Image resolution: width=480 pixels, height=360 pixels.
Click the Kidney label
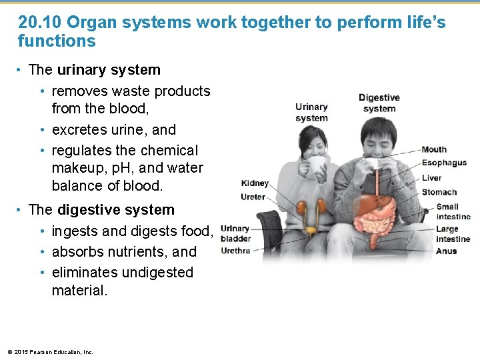[x=255, y=183]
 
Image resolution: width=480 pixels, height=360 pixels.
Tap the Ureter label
[x=253, y=197]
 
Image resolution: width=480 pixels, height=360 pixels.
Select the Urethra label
[x=235, y=251]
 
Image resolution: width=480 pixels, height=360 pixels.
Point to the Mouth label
[x=434, y=149]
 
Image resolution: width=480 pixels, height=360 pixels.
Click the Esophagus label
[x=444, y=163]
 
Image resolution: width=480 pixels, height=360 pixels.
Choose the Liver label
[x=431, y=178]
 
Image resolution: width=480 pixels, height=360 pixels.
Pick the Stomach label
[x=439, y=192]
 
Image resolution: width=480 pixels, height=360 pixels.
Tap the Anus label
[x=446, y=251]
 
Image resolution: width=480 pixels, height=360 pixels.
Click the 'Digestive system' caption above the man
[x=379, y=103]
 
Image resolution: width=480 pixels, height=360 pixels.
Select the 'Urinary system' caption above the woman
[x=311, y=112]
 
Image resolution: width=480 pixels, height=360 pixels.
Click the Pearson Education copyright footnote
[x=50, y=351]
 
